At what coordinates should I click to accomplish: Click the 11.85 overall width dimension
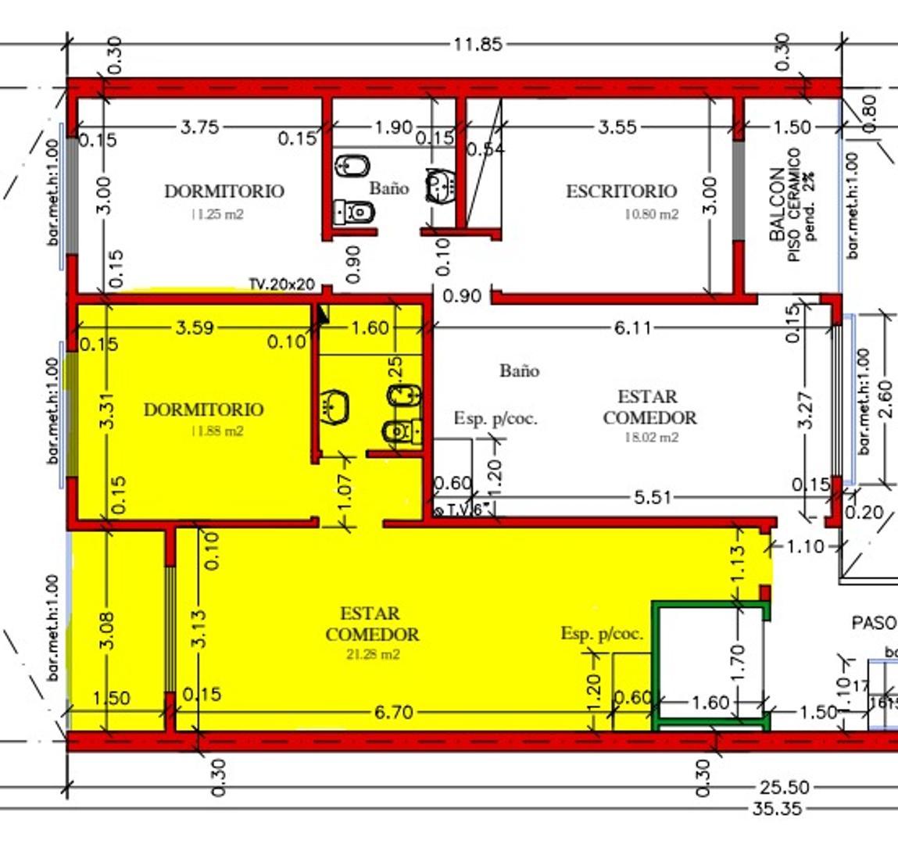coord(478,45)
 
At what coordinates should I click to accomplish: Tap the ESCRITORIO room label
coord(621,191)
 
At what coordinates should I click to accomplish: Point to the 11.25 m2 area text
coord(216,215)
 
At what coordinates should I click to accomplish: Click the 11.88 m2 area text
coord(216,431)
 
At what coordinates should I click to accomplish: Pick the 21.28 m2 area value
coord(372,655)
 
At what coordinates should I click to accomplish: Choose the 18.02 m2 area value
coord(651,438)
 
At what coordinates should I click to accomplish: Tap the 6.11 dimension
coord(632,327)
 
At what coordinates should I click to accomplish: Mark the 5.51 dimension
coord(651,497)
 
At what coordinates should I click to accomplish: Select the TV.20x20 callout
coord(281,284)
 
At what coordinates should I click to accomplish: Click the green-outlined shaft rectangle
coord(711,664)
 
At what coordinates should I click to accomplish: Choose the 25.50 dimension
coord(783,788)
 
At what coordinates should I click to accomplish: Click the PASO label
coord(873,623)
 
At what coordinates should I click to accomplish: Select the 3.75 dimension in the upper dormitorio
coord(200,127)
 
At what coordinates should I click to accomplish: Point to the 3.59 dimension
coord(195,327)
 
